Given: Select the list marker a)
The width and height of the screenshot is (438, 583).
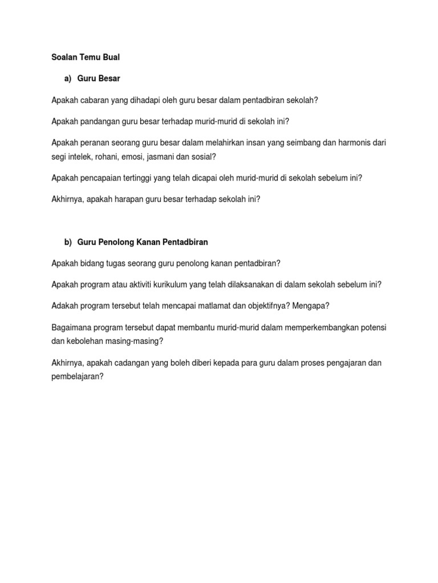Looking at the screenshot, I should coord(68,78).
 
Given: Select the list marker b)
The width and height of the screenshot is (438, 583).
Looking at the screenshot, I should coord(68,242).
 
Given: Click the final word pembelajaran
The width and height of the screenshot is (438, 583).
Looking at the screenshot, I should coord(76,377).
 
